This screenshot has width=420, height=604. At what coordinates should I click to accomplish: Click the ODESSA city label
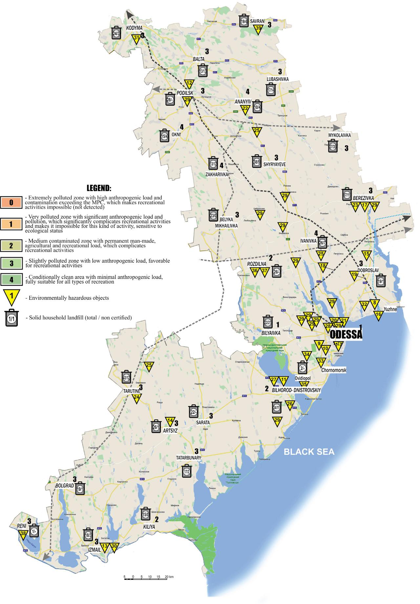coord(346,335)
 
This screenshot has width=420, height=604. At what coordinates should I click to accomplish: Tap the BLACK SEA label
coord(309,452)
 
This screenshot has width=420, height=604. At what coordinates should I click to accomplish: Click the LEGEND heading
coord(99,189)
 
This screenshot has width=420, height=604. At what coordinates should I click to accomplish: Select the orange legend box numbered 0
coord(11,202)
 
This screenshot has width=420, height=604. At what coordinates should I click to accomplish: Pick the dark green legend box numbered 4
coord(11,280)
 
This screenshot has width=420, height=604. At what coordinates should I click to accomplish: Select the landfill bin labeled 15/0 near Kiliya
coord(146,514)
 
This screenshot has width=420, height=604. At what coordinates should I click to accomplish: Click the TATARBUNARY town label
coord(188,457)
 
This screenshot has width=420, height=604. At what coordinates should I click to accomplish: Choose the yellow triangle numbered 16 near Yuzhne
coord(378,315)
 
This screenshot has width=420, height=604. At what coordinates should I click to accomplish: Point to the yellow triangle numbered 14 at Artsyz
coord(170,421)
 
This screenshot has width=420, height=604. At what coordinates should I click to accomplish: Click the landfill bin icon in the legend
coord(11,318)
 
